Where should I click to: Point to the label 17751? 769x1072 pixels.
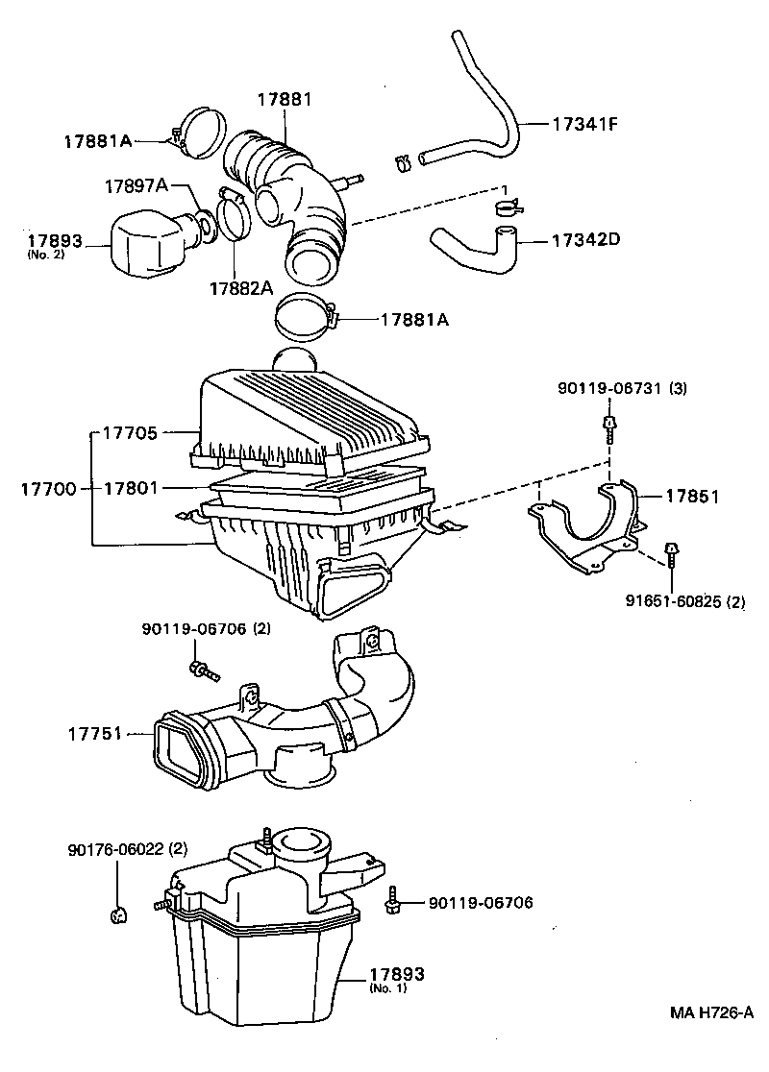tap(94, 734)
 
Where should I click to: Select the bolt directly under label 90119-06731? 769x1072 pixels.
tap(608, 428)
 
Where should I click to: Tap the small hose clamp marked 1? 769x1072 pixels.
tap(509, 207)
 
